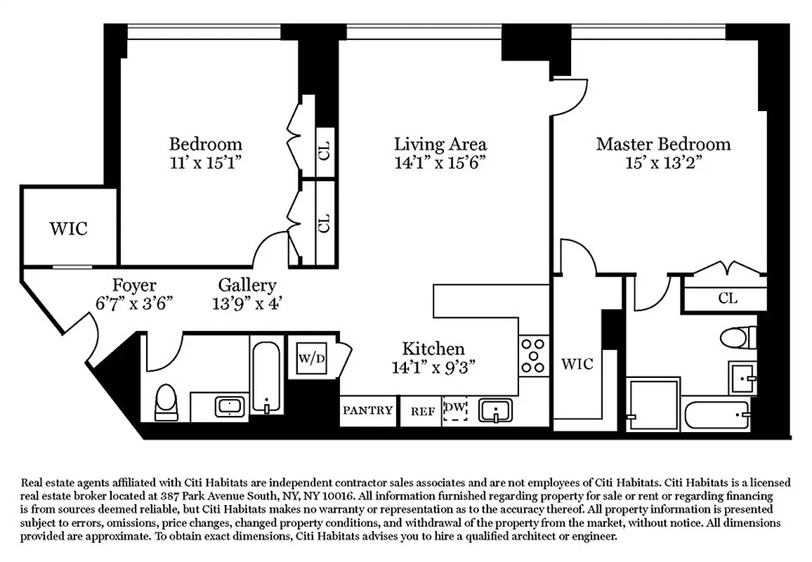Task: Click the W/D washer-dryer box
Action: click(x=312, y=359)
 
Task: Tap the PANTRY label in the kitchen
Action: click(x=367, y=410)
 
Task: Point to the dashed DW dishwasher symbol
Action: click(x=455, y=410)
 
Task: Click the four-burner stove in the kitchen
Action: click(x=533, y=356)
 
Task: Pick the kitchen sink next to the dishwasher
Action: click(x=497, y=410)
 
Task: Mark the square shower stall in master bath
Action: click(x=653, y=404)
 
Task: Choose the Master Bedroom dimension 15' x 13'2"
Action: click(x=663, y=163)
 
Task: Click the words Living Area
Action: click(x=440, y=145)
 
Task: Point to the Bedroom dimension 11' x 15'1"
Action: click(x=205, y=163)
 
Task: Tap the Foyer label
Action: click(x=134, y=286)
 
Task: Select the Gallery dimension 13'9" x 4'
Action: click(x=247, y=304)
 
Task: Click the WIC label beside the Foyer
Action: click(x=69, y=228)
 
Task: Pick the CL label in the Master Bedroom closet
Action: click(x=728, y=298)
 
